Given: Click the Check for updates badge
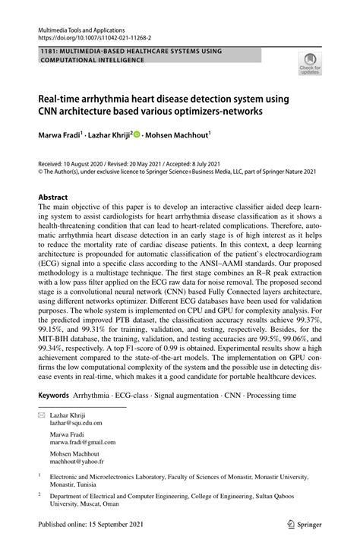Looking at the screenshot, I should coord(311,65).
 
